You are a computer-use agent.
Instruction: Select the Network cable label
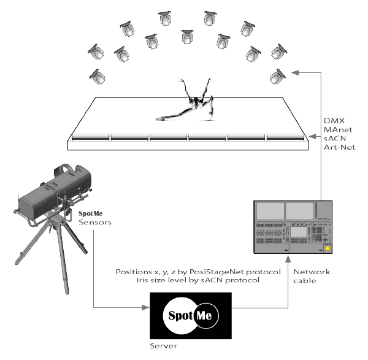click(311, 277)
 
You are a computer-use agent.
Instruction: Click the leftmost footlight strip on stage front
click(91, 138)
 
